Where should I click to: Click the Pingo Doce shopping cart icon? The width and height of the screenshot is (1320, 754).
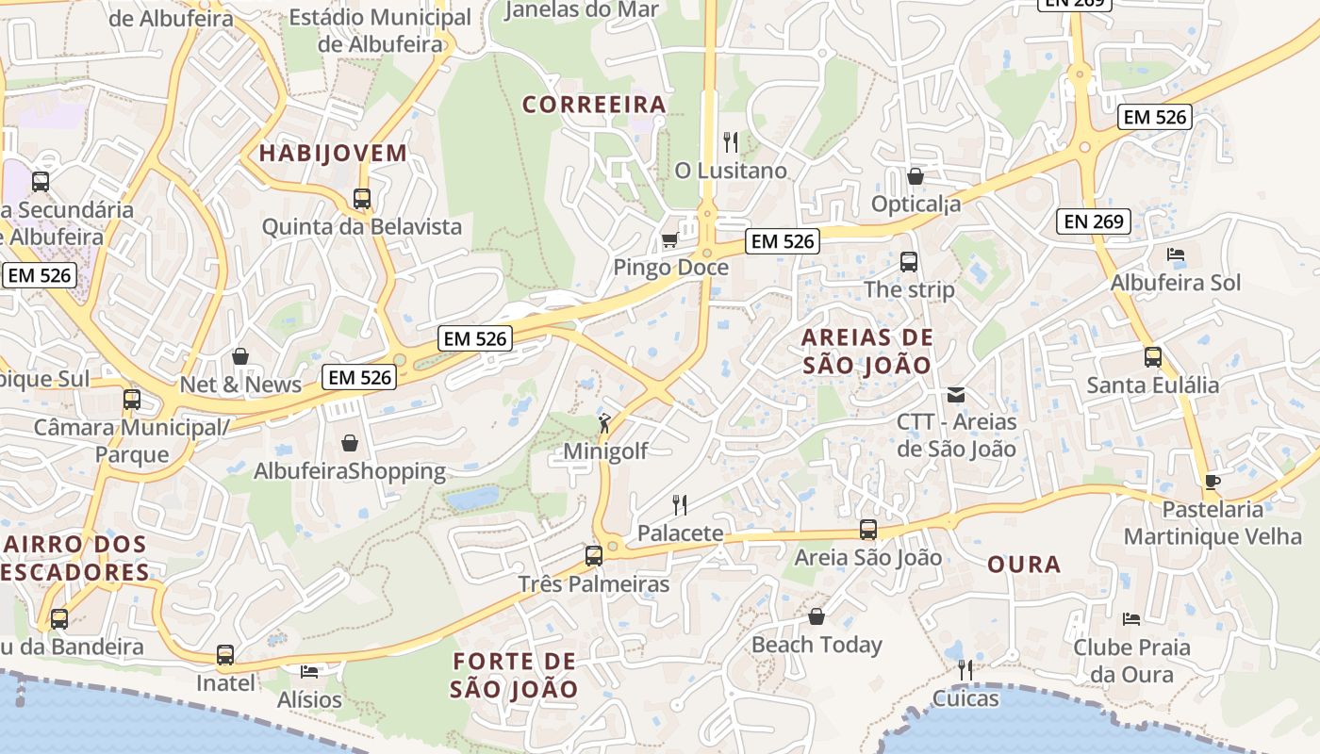[669, 239]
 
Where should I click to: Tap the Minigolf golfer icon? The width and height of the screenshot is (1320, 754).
[604, 423]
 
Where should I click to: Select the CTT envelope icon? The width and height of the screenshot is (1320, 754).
[956, 394]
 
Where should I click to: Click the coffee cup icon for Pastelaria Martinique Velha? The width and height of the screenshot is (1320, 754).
[1212, 482]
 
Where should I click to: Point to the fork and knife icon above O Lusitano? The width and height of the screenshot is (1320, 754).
[731, 142]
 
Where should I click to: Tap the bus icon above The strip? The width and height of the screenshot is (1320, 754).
[909, 262]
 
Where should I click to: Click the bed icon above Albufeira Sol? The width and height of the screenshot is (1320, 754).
[1176, 254]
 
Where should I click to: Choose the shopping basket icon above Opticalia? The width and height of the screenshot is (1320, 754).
[915, 176]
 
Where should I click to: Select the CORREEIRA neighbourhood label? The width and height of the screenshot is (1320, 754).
[595, 105]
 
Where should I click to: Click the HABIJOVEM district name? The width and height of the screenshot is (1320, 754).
[333, 154]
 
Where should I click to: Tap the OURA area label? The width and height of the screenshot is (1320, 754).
[1024, 565]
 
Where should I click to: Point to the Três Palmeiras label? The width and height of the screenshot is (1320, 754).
[594, 584]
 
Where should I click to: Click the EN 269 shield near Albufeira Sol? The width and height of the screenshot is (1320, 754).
[1093, 221]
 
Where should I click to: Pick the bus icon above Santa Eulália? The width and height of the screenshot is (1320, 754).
[1152, 357]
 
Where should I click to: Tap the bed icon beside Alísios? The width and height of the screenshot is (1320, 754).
[308, 672]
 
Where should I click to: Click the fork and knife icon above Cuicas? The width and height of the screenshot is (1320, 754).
[965, 670]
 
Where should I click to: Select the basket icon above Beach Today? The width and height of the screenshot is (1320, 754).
[817, 616]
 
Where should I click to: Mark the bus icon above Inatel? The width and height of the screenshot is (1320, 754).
[224, 655]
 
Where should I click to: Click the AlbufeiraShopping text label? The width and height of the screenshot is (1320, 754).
[350, 471]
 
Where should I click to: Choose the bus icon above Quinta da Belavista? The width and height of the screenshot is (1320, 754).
[362, 199]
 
